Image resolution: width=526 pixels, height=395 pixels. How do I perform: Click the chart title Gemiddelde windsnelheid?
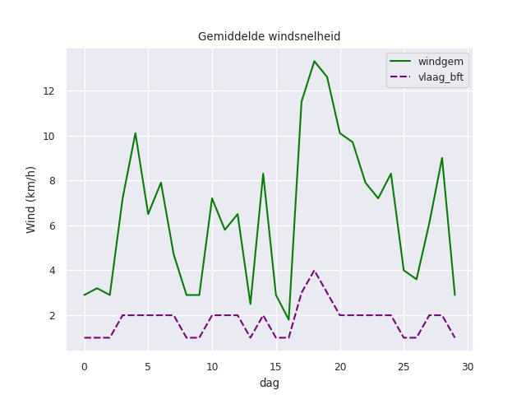[269, 37]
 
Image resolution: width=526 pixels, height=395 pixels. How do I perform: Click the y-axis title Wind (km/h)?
[31, 199]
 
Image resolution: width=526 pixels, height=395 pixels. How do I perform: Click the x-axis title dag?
[269, 383]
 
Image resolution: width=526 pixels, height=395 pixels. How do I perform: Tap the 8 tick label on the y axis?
[54, 181]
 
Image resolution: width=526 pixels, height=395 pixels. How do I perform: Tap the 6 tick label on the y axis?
[54, 225]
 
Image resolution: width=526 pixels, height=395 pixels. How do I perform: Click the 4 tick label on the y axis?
[54, 271]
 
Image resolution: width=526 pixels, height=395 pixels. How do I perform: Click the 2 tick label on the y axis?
[54, 315]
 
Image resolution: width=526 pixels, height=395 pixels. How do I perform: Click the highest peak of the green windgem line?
[314, 61]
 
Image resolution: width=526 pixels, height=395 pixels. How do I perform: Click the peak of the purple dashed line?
[314, 271]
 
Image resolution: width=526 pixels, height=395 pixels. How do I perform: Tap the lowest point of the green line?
[288, 320]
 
